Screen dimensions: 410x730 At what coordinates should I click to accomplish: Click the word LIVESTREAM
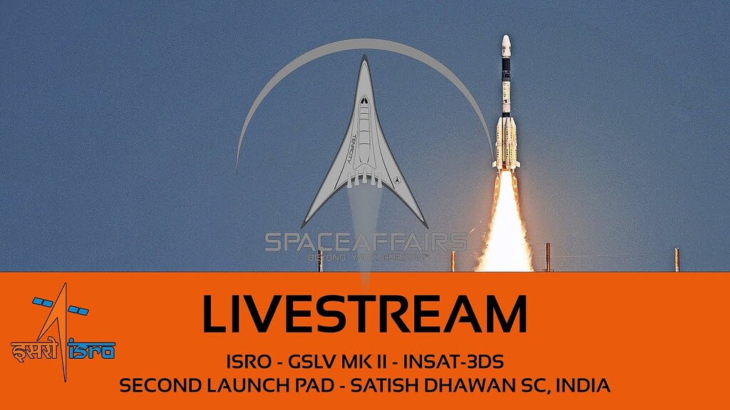click(364, 313)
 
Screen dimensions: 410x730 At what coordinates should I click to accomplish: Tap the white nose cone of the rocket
click(505, 44)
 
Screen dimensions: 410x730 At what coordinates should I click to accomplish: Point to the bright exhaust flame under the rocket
click(505, 228)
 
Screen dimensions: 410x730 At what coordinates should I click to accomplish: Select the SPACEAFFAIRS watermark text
click(366, 241)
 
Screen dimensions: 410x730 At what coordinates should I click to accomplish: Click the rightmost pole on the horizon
click(677, 259)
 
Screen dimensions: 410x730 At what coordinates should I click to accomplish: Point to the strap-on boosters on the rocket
click(505, 142)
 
